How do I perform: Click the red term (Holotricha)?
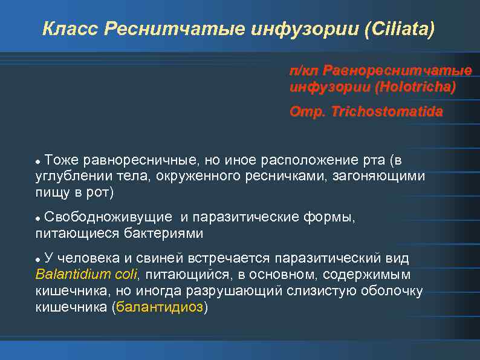[x=415, y=87]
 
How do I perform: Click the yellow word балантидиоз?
[x=160, y=307]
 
